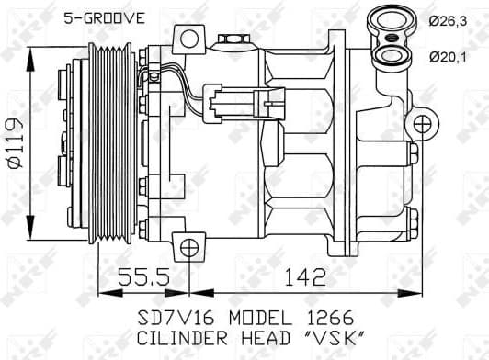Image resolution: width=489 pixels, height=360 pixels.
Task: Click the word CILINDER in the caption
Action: [x=178, y=340]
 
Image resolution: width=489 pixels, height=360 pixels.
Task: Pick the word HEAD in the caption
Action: [x=267, y=340]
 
